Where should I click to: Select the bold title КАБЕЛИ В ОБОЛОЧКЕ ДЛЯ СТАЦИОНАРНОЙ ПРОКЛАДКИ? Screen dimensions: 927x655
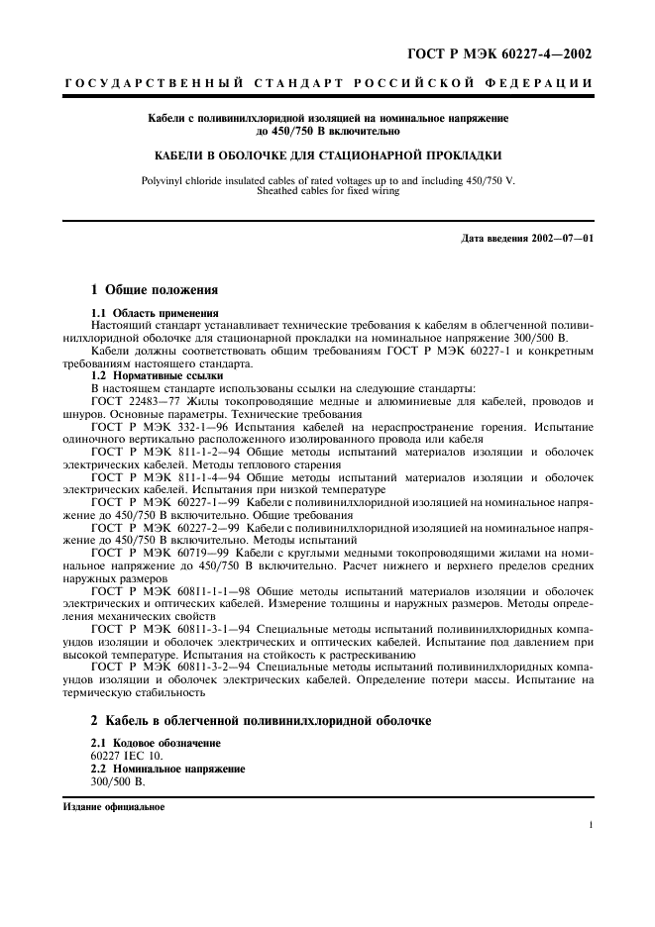327,155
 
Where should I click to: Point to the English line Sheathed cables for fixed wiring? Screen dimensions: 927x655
327,190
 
